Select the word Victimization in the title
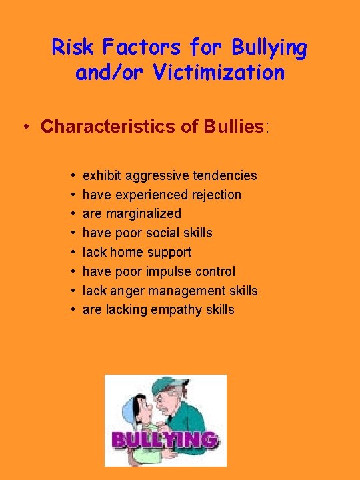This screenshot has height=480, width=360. [219, 73]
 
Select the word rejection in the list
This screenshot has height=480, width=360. [214, 195]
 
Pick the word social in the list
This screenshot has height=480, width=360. [161, 233]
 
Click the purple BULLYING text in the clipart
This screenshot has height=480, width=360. [165, 439]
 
